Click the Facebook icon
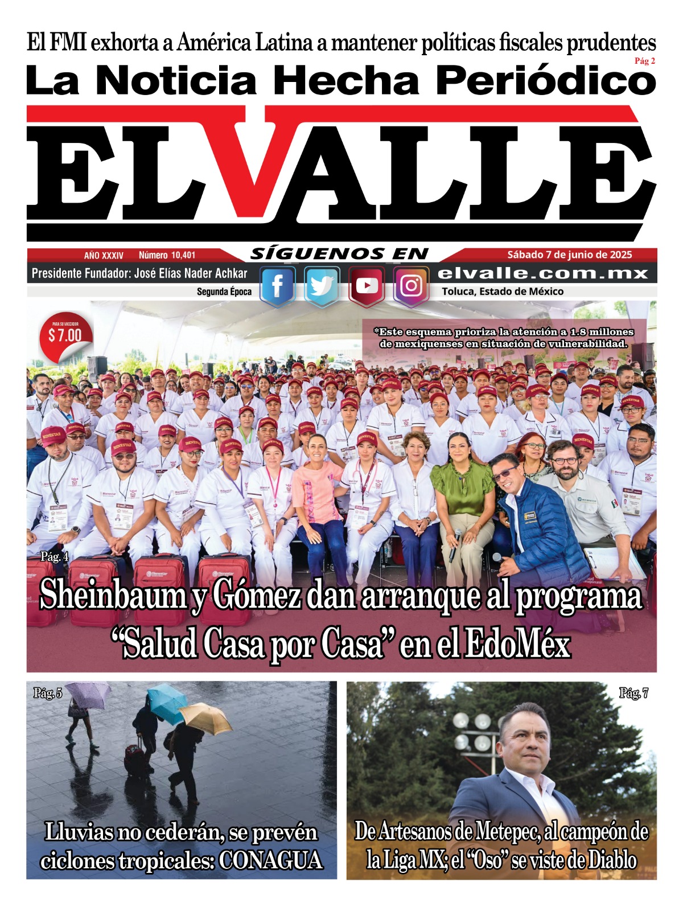277,286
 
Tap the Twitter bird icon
322,286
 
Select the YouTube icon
367,285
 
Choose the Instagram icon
411,285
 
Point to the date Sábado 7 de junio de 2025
570,255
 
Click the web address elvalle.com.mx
543,273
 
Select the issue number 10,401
167,256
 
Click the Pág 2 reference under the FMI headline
645,61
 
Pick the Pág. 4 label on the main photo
55,557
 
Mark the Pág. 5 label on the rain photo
48,693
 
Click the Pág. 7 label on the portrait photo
633,693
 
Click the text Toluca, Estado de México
503,292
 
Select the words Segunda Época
224,292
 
